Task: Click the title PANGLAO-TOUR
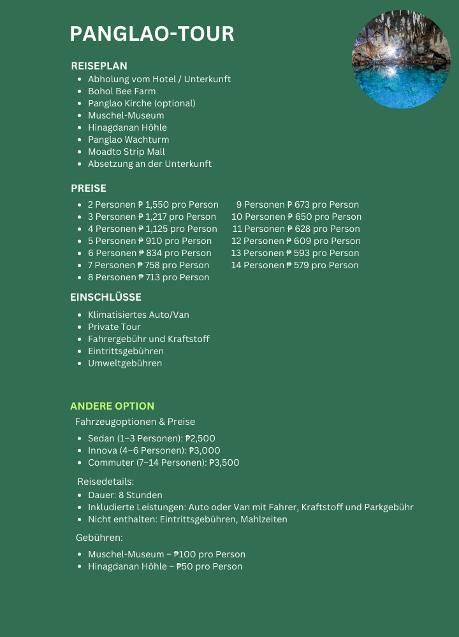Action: pyautogui.click(x=152, y=34)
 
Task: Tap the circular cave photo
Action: pyautogui.click(x=401, y=59)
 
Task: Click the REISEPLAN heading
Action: pyautogui.click(x=99, y=66)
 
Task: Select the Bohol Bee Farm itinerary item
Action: pyautogui.click(x=121, y=91)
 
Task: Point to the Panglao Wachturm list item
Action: pyautogui.click(x=128, y=140)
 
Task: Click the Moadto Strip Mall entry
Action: pyautogui.click(x=126, y=152)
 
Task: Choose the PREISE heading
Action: pyautogui.click(x=89, y=188)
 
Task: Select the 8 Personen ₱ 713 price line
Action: pyautogui.click(x=148, y=277)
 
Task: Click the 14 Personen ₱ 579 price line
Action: pyautogui.click(x=295, y=265)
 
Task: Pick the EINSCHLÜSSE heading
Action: pyautogui.click(x=106, y=297)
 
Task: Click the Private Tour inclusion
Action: pyautogui.click(x=114, y=327)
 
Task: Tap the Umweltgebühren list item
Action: pyautogui.click(x=125, y=363)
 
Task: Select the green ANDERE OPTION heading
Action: pyautogui.click(x=112, y=406)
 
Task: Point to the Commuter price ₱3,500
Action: pyautogui.click(x=224, y=462)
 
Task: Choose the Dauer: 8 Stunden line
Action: pyautogui.click(x=125, y=495)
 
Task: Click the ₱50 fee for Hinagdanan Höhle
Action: pyautogui.click(x=185, y=566)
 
